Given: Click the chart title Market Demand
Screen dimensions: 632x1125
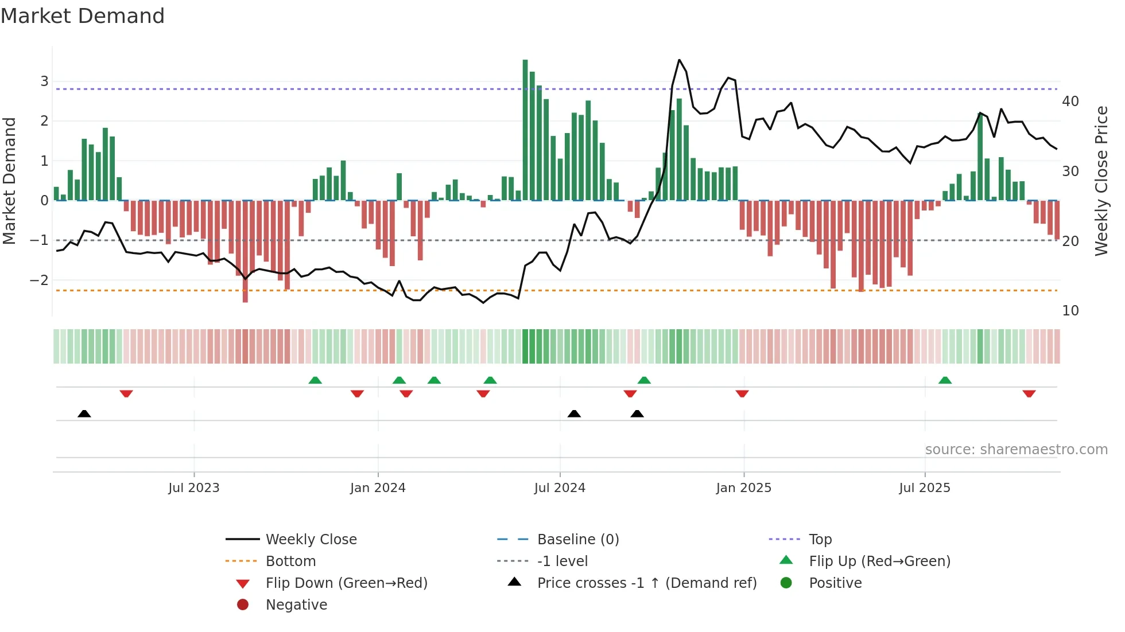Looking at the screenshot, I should (x=83, y=16).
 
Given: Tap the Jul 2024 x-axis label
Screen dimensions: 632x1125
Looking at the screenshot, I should (x=560, y=488).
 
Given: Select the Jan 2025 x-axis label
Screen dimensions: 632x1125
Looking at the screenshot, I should (x=743, y=488).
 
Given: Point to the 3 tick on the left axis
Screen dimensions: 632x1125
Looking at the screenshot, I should (x=44, y=81).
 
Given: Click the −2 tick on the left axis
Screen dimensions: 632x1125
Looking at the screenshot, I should (x=39, y=280).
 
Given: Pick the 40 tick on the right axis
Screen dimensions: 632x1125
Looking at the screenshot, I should (x=1070, y=102).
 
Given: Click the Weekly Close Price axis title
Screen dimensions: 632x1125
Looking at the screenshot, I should (x=1101, y=181).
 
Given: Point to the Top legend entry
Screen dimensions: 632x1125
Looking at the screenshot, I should (x=820, y=540).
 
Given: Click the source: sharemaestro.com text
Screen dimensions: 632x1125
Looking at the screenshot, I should (x=1016, y=450).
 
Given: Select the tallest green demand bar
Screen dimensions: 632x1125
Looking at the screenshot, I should (x=525, y=130).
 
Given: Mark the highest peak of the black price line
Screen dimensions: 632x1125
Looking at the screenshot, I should (x=679, y=60).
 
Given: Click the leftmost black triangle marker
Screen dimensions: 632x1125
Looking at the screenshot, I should (x=84, y=413).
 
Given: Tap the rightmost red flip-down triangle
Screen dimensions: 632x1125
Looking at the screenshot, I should (x=1029, y=393).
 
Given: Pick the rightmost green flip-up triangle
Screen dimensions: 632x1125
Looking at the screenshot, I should (x=945, y=380).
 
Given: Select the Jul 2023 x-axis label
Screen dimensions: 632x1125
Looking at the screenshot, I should (x=194, y=488).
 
